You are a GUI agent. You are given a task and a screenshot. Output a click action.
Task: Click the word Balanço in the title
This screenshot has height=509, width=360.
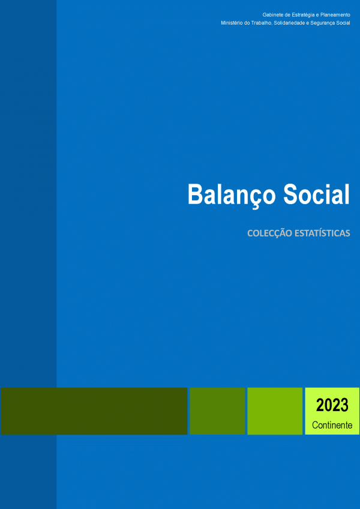coord(232,195)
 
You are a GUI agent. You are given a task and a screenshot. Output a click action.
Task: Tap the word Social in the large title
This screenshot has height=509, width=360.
coord(317,194)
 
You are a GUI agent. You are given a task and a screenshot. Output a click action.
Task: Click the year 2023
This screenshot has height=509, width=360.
coord(332,405)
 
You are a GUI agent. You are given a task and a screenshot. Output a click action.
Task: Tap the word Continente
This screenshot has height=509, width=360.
coord(332,425)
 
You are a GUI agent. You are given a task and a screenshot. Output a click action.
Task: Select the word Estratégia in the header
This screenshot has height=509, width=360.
coord(302,15)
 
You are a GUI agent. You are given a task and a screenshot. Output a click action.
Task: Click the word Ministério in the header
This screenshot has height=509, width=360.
coord(230,23)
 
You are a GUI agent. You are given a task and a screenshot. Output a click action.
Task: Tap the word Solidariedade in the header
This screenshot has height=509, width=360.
coord(282,23)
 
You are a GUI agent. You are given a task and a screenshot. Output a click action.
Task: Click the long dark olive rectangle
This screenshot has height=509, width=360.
coord(94,411)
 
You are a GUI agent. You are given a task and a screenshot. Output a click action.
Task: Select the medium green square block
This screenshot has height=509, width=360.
coord(217,411)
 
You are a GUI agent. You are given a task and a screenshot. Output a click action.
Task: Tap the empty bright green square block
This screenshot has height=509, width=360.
coord(275,411)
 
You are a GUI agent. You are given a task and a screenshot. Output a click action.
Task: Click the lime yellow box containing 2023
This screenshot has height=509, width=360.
coord(332,411)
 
